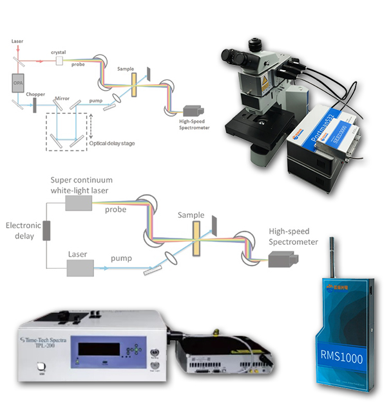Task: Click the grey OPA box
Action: point(17,82)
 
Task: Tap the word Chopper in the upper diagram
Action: point(35,94)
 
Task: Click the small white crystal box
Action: point(59,60)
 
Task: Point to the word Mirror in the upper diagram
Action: point(62,99)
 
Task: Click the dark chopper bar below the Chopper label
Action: point(35,105)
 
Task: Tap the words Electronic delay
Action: point(22,230)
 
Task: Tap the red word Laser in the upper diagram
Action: point(17,42)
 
